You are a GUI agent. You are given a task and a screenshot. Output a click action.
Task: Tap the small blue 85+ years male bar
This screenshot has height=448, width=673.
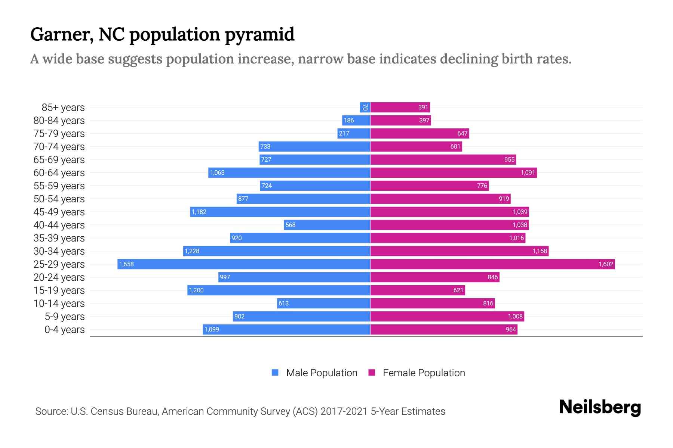click(365, 107)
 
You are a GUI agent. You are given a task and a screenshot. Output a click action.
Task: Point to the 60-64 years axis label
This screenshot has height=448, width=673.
click(59, 173)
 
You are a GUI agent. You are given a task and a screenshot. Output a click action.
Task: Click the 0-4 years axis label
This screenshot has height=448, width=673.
click(64, 330)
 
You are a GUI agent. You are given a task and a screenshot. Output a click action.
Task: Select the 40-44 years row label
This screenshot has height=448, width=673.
click(59, 225)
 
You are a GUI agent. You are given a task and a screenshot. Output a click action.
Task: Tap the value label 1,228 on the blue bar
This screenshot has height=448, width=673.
click(192, 251)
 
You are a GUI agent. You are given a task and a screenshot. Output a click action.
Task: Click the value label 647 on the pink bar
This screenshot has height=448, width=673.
click(462, 133)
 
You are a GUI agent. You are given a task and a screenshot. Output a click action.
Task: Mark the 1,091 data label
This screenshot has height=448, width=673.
click(528, 172)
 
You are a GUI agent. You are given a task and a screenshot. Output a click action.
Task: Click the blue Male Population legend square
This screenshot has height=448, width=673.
click(275, 373)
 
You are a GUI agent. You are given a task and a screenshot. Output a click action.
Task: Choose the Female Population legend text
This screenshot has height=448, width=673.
click(424, 373)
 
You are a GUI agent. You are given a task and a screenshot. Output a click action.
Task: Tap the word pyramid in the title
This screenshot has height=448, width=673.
click(259, 35)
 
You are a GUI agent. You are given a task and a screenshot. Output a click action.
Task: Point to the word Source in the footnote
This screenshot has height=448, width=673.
click(51, 411)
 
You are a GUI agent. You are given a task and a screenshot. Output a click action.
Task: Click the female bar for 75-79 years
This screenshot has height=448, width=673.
click(420, 133)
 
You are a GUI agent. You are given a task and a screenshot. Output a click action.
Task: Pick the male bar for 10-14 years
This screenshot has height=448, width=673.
click(323, 303)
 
